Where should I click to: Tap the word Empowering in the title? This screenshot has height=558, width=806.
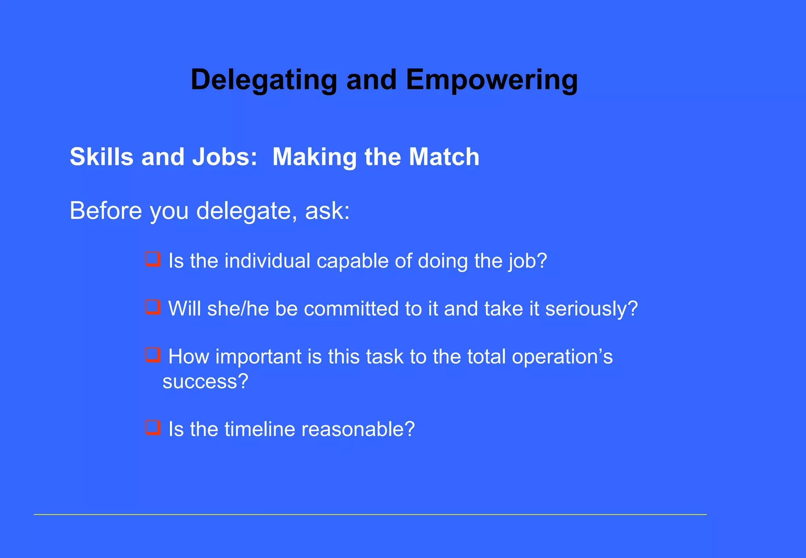pos(492,80)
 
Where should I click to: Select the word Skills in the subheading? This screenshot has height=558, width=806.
pos(102,157)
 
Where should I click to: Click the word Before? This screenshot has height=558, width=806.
pos(105,211)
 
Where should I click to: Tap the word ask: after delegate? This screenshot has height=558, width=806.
pos(327,211)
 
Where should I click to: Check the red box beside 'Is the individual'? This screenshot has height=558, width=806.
pos(153,259)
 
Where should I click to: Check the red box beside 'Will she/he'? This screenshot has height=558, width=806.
pos(153,307)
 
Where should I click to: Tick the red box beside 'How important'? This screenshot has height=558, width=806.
pos(153,355)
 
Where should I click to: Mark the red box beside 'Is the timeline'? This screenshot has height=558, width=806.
pos(153,427)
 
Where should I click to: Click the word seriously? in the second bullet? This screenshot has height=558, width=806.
pos(591,309)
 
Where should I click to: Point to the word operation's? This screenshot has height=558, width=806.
pos(562,357)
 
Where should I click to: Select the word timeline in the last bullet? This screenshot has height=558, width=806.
pos(259,429)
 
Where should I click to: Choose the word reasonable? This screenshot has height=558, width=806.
pos(358,429)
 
